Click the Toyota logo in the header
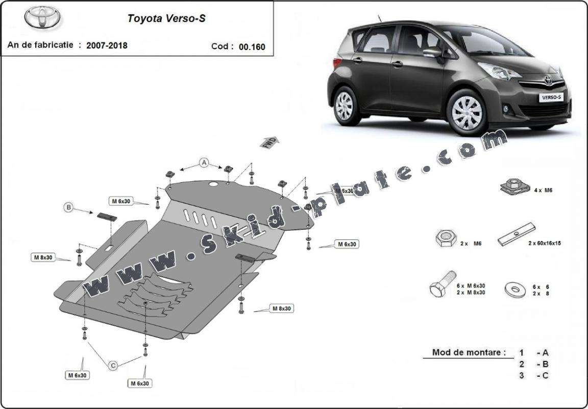(42, 18)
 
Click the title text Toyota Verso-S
(166, 19)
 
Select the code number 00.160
(252, 46)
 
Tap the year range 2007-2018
(107, 45)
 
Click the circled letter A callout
(204, 163)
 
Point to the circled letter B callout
(68, 207)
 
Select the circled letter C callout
(113, 365)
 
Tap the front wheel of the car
(467, 112)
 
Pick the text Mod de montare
(469, 352)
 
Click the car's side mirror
(432, 52)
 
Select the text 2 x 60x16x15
(545, 244)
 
